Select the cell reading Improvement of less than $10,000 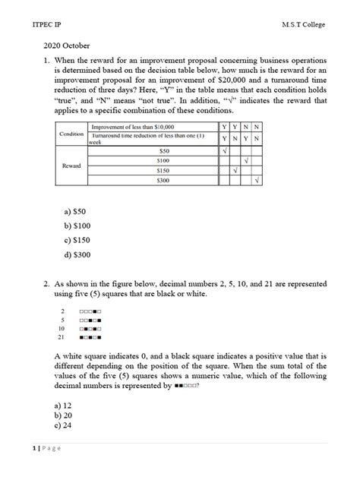pyautogui.click(x=133, y=126)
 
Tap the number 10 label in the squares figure pyautogui.click(x=62, y=328)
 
